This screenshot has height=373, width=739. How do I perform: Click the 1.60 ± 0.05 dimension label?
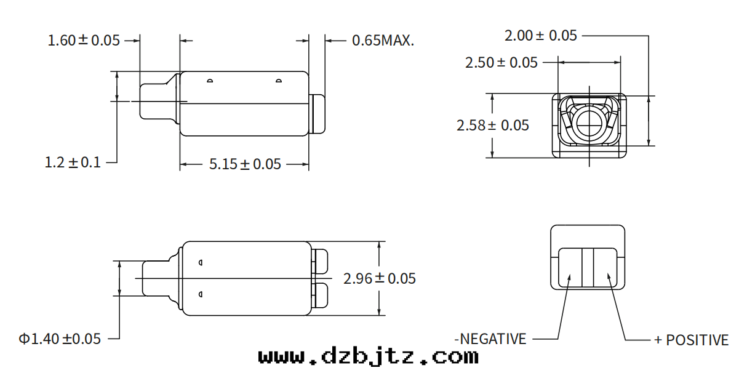[84, 40]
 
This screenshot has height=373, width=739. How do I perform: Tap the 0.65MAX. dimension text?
[383, 40]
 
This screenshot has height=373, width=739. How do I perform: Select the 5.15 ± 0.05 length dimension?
[245, 164]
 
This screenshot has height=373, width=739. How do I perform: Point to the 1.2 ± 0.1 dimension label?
[73, 162]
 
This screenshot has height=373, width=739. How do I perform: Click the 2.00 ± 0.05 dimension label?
[540, 35]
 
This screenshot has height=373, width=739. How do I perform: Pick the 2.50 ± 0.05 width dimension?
[501, 62]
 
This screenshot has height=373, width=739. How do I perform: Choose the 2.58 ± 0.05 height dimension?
[492, 126]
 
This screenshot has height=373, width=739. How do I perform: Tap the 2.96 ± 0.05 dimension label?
[380, 279]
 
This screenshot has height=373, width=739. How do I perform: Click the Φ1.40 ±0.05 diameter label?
[60, 339]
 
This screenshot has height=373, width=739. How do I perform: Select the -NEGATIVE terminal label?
[490, 339]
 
